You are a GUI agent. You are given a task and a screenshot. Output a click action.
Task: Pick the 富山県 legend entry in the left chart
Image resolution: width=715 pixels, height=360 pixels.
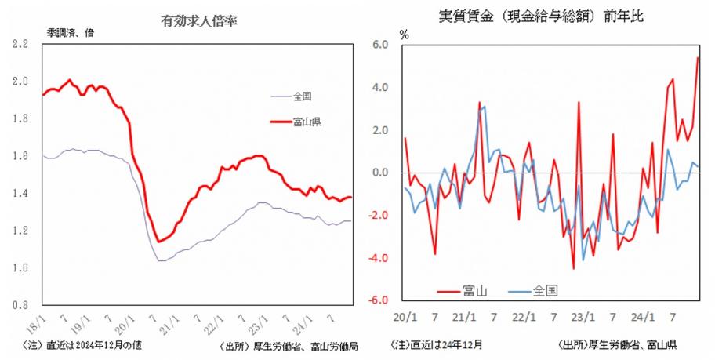coord(307,122)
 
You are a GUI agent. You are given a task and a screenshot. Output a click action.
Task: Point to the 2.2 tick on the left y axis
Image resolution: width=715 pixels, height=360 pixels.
coord(21,44)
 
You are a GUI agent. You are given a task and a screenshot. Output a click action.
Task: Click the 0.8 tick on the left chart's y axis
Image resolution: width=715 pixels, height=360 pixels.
coord(21,305)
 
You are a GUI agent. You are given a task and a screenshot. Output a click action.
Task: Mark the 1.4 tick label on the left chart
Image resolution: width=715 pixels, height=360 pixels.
coord(21,193)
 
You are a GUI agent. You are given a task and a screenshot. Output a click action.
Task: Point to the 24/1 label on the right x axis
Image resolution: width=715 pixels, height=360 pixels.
coord(641,318)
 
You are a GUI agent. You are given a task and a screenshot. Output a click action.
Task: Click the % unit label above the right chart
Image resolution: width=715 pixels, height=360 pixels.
coord(405,35)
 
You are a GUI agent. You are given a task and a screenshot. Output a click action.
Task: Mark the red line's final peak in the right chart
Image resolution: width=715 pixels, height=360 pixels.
coord(698,57)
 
